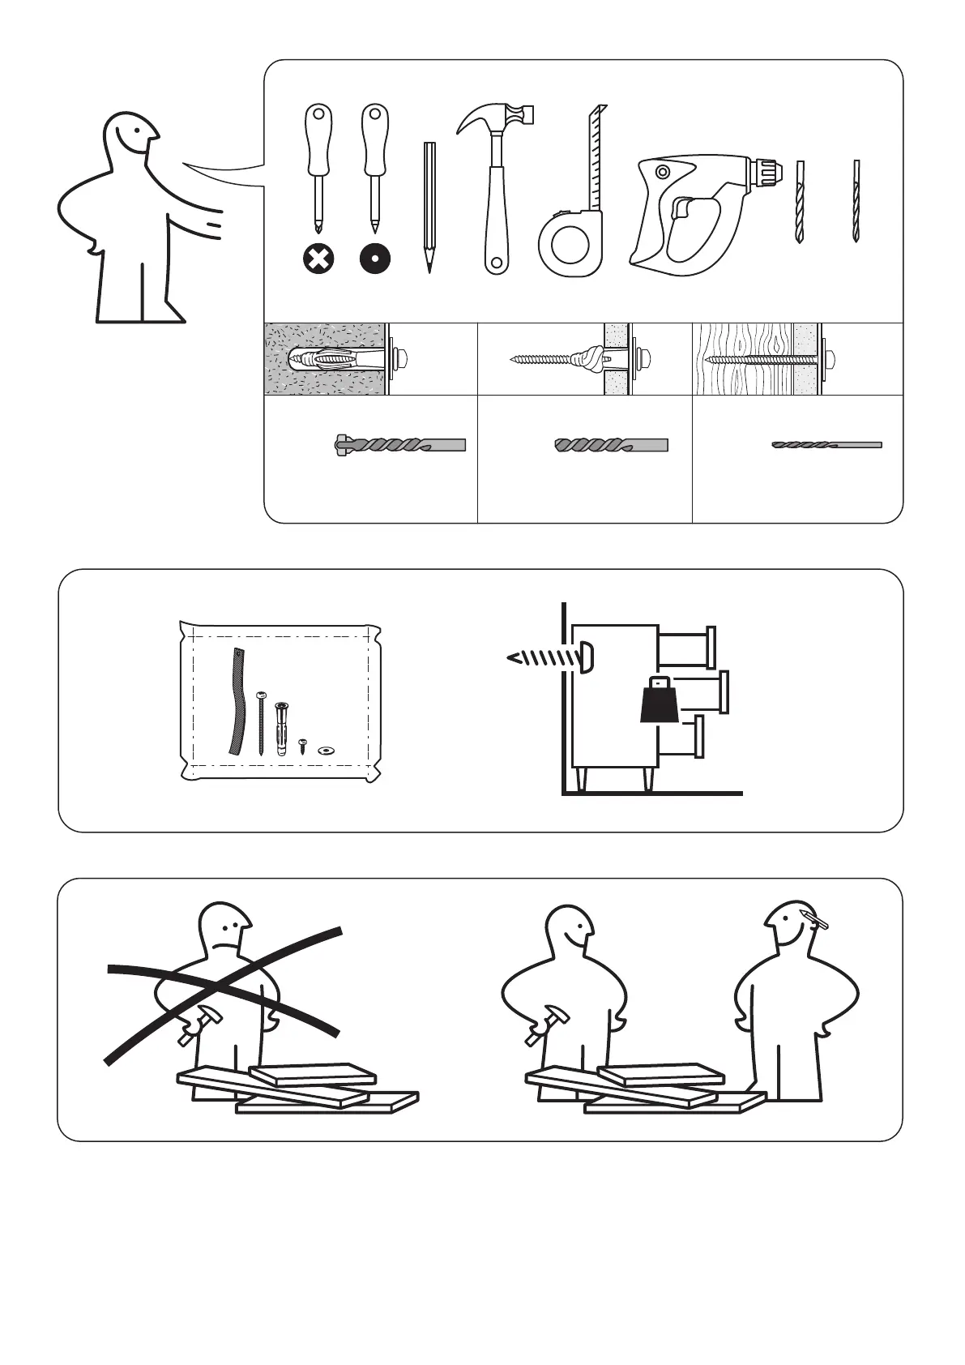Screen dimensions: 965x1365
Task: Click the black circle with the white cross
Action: coord(318,260)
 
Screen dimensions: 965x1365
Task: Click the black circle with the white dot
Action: coord(374,260)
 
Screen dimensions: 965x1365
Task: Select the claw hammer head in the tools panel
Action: coord(496,116)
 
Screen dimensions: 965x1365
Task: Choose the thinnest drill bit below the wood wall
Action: coord(826,445)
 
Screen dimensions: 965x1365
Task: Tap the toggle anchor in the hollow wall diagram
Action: coord(590,357)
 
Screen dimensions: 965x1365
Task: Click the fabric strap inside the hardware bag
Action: coord(236,702)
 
